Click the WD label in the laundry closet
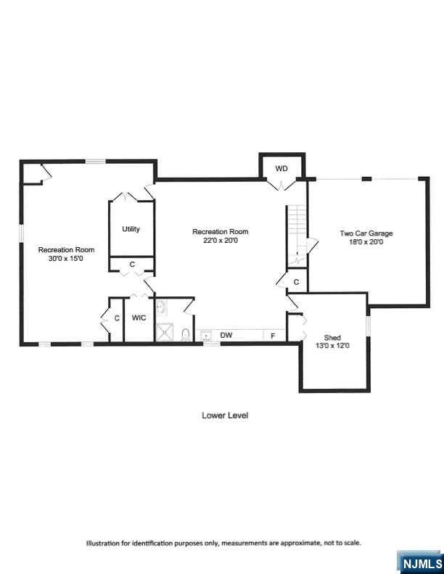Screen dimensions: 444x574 tap(281, 169)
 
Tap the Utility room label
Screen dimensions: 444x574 tap(131, 229)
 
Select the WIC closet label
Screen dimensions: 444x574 tap(139, 317)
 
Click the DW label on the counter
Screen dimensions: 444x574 tap(226, 335)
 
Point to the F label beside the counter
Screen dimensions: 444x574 tap(273, 336)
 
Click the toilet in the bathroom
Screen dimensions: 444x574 tap(186, 335)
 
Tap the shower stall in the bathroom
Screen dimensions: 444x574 tap(167, 333)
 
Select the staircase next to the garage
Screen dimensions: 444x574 tap(297, 234)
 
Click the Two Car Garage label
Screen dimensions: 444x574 tap(366, 233)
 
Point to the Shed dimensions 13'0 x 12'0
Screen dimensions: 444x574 tap(332, 346)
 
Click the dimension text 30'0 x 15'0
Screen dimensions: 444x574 tap(66, 259)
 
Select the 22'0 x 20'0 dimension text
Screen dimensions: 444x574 tap(220, 241)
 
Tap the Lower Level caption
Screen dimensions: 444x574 tap(225, 415)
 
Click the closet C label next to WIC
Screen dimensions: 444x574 tap(117, 318)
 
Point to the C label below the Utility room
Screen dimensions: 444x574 tap(132, 265)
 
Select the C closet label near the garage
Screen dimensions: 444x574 tap(297, 282)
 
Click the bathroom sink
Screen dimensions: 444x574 tap(161, 308)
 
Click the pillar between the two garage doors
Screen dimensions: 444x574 tap(366, 178)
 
